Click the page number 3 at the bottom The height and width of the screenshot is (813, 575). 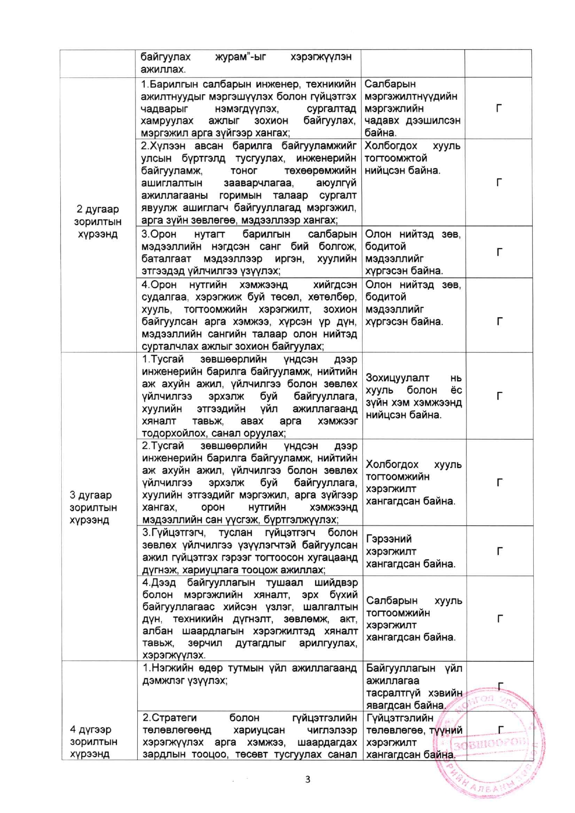(x=307, y=779)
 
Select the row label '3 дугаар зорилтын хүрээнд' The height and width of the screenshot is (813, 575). (x=93, y=507)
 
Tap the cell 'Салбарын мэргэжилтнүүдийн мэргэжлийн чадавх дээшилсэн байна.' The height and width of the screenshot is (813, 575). (x=412, y=109)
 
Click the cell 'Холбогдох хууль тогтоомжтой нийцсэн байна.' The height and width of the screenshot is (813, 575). (x=412, y=158)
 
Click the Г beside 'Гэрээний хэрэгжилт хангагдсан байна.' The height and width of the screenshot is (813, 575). (x=499, y=551)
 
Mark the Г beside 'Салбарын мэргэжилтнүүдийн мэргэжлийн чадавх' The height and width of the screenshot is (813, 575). (x=498, y=109)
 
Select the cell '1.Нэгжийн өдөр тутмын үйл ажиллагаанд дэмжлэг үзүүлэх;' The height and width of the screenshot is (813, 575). (x=249, y=674)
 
